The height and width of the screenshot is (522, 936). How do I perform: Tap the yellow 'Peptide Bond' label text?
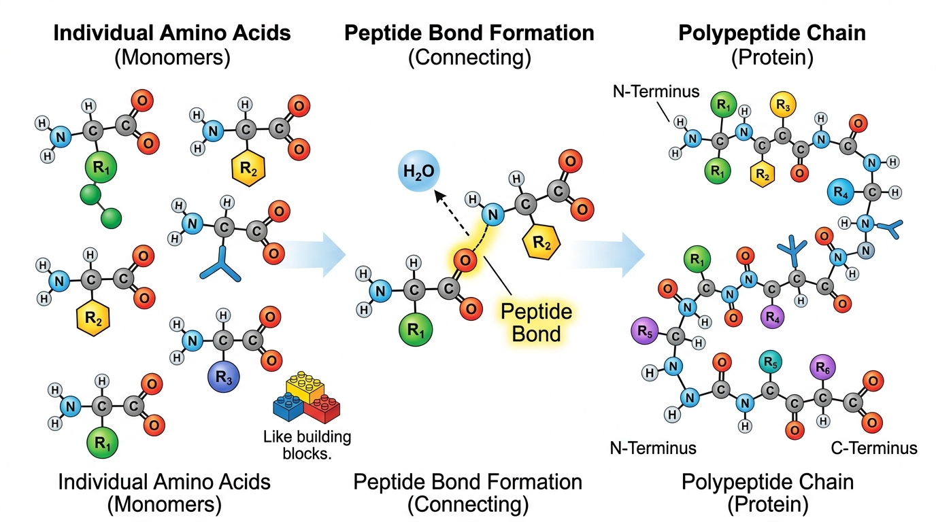(x=536, y=323)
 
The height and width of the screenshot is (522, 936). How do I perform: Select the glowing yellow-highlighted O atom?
(x=464, y=259)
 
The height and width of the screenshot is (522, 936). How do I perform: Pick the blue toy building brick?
(x=286, y=406)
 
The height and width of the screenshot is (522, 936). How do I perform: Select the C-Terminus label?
(x=874, y=448)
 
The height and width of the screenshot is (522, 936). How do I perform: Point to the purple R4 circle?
(x=772, y=316)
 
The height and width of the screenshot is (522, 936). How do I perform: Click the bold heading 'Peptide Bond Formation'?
(x=469, y=33)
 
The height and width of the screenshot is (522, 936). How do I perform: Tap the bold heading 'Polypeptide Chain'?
(x=772, y=33)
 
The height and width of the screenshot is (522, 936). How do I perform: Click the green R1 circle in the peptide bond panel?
(x=414, y=331)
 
